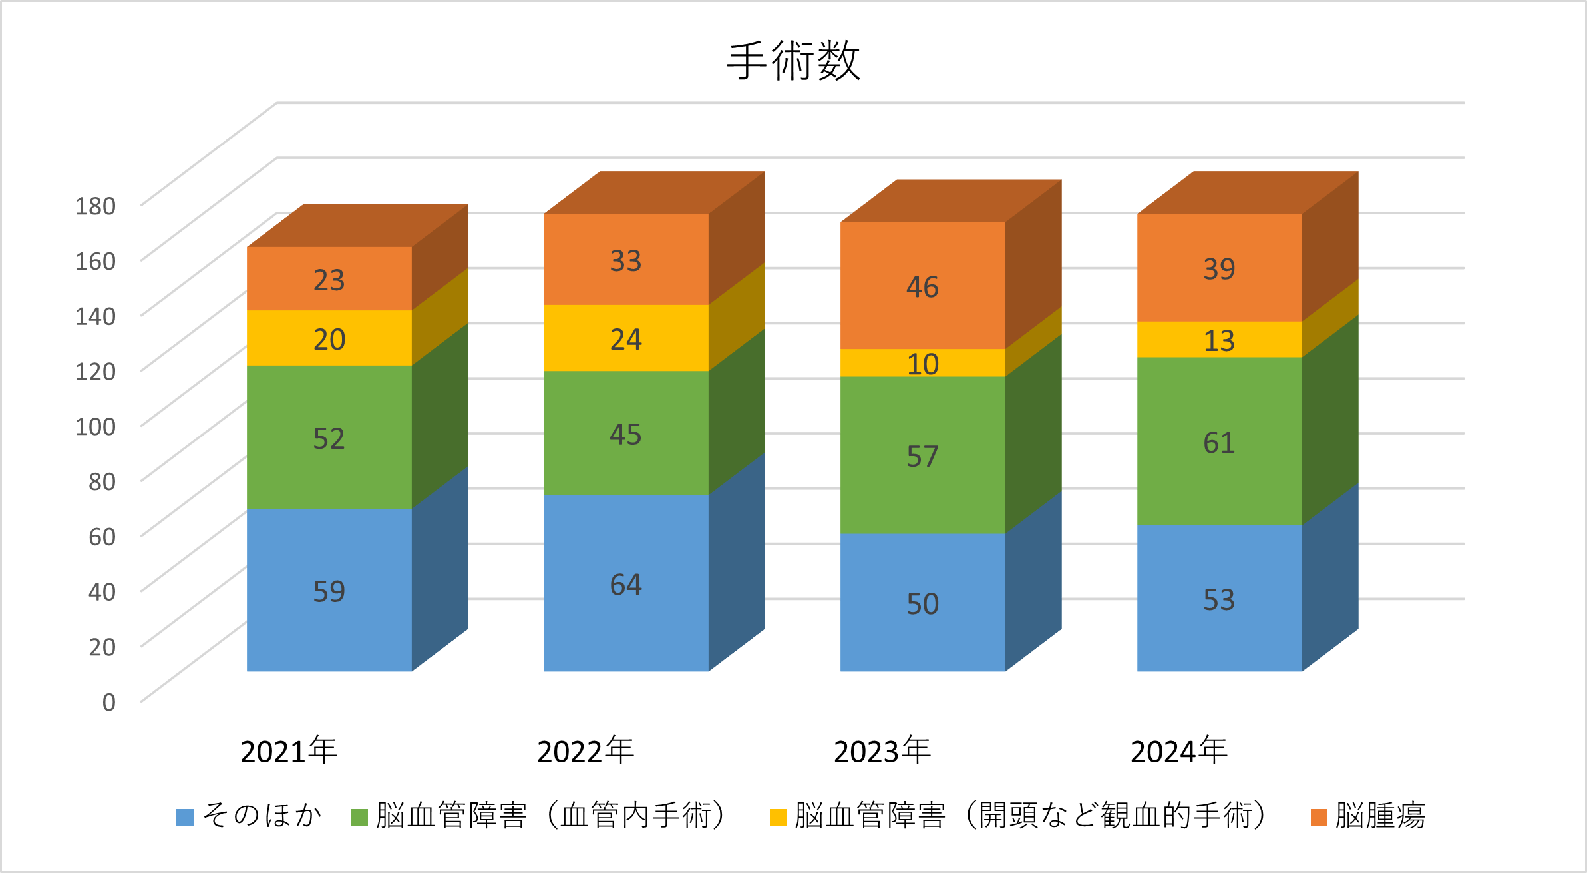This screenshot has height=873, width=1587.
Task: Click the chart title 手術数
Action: pyautogui.click(x=793, y=61)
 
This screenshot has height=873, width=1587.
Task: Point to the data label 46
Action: pyautogui.click(x=922, y=287)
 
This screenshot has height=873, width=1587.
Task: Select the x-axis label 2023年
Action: pyautogui.click(x=882, y=752)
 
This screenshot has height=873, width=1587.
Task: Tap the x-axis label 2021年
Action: pyautogui.click(x=289, y=752)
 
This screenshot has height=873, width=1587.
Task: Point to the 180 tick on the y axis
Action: pyautogui.click(x=95, y=206)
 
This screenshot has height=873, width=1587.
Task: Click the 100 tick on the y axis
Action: pyautogui.click(x=95, y=427)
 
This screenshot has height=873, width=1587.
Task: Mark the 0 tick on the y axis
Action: pyautogui.click(x=108, y=702)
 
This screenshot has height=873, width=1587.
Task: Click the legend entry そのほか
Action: pyautogui.click(x=262, y=816)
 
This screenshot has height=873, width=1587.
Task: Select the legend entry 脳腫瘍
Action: pyautogui.click(x=1380, y=816)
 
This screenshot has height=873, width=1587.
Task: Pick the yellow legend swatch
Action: pyautogui.click(x=778, y=817)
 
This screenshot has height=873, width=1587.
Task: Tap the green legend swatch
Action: pyautogui.click(x=359, y=817)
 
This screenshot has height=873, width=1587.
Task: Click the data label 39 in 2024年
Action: pyautogui.click(x=1219, y=269)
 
